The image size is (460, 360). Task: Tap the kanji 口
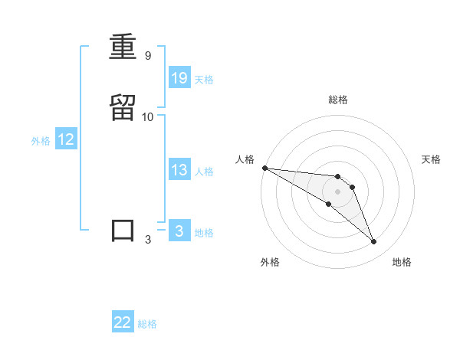pos(123,231)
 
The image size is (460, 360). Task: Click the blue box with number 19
pos(179,77)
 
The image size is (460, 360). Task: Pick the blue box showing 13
pos(179,170)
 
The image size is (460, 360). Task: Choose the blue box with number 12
pos(66,139)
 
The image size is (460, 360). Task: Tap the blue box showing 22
pos(123,322)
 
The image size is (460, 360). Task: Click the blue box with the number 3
pos(179,231)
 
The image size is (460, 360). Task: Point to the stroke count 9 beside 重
pos(147,56)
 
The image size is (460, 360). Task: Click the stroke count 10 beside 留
pos(148,117)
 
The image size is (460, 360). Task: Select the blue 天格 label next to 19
pos(204,80)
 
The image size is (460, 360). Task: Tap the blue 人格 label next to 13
pos(204,172)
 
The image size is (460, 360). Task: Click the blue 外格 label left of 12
pos(41,141)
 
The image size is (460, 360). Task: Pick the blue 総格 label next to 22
pos(147,325)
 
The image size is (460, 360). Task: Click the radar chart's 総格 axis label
pos(337,100)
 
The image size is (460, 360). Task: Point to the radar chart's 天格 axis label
pos(432,159)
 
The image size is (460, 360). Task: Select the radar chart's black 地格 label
pos(402,262)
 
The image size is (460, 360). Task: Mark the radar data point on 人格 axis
pos(264,168)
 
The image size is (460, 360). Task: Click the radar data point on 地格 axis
pos(374,242)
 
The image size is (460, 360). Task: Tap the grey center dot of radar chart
pos(337,191)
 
